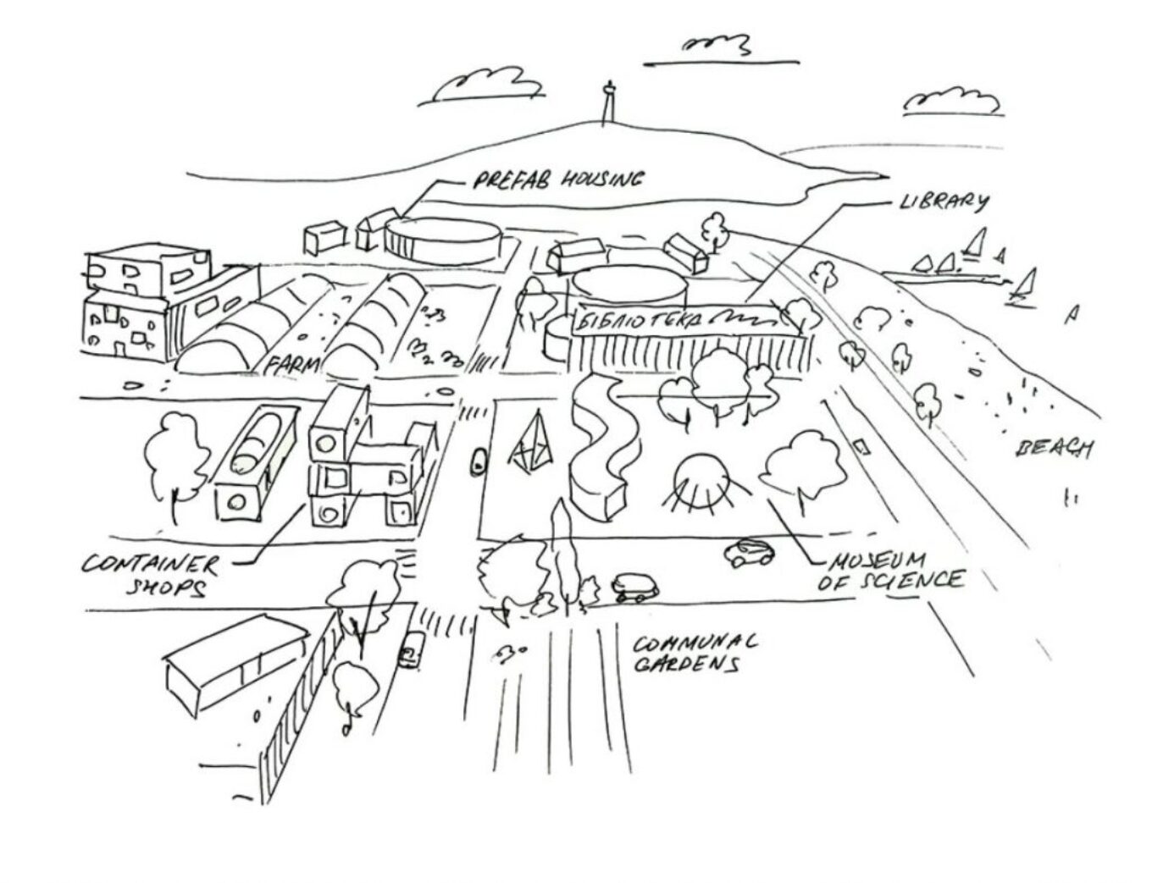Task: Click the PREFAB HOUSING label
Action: click(x=557, y=180)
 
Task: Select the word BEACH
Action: click(x=1053, y=448)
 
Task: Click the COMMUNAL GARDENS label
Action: click(x=695, y=652)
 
